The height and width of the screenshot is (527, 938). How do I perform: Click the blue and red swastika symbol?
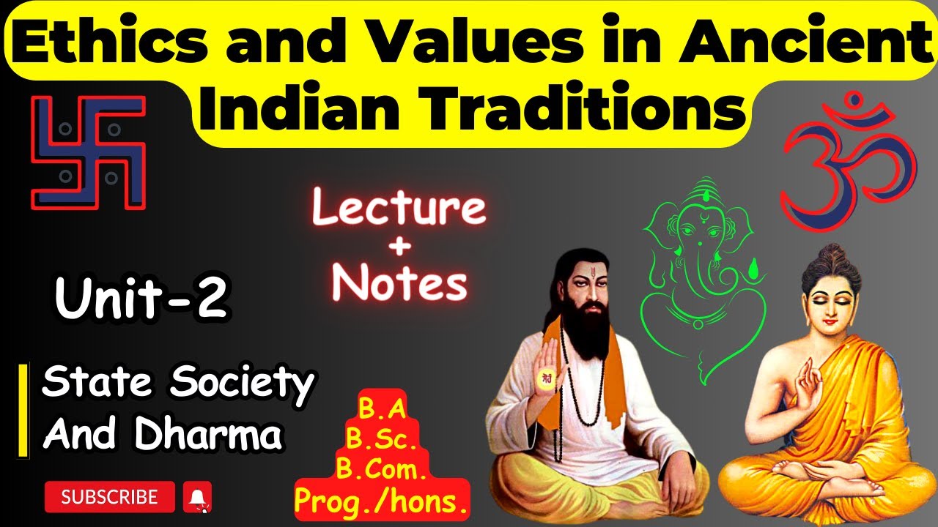(x=88, y=152)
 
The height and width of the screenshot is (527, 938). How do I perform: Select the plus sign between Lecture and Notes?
(x=399, y=247)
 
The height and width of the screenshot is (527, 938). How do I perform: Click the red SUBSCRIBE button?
(x=110, y=497)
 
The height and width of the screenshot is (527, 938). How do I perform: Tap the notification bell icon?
(x=196, y=497)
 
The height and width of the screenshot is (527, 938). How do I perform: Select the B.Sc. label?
(x=382, y=441)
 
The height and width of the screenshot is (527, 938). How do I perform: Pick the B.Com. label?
(x=382, y=470)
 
